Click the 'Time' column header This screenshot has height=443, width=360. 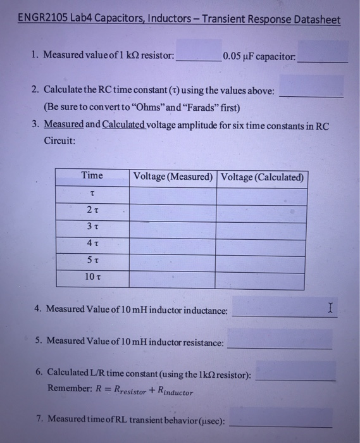pyautogui.click(x=92, y=175)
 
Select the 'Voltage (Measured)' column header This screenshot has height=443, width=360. pyautogui.click(x=172, y=176)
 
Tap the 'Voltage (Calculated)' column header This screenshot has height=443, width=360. pyautogui.click(x=263, y=177)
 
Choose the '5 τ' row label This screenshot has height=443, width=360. pyautogui.click(x=92, y=260)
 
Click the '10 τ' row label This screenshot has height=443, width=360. pyautogui.click(x=92, y=277)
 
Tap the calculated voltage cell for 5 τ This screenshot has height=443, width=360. pyautogui.click(x=263, y=260)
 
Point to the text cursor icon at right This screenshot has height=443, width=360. pyautogui.click(x=330, y=308)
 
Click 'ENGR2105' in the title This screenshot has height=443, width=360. pyautogui.click(x=41, y=19)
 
